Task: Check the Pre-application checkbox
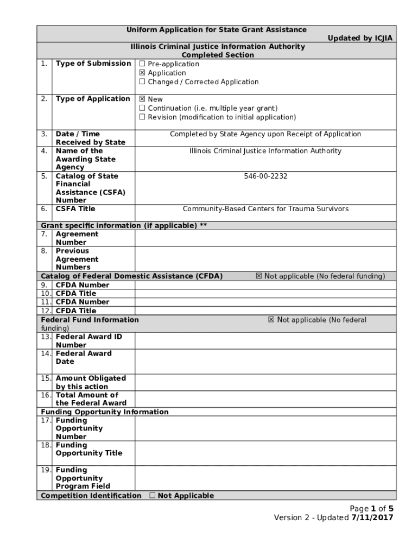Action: click(x=142, y=64)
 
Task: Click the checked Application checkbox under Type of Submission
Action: click(x=142, y=73)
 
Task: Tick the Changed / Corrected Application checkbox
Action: click(x=142, y=82)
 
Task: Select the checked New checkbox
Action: click(x=142, y=99)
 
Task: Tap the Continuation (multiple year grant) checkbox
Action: click(x=142, y=108)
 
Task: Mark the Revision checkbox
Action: click(x=142, y=117)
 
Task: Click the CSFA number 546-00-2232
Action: click(x=265, y=176)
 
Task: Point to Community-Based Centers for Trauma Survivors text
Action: click(x=265, y=209)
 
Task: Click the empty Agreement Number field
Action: click(x=265, y=238)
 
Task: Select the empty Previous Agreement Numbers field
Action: click(x=265, y=259)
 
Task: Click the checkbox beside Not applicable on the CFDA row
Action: click(x=259, y=276)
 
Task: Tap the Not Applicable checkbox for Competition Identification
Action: click(x=153, y=496)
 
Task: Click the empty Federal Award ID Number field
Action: click(x=265, y=340)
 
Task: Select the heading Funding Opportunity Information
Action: click(x=105, y=412)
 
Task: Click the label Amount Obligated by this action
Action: click(x=91, y=382)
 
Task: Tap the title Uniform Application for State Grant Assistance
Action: click(x=217, y=30)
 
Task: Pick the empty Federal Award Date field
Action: click(x=265, y=361)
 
